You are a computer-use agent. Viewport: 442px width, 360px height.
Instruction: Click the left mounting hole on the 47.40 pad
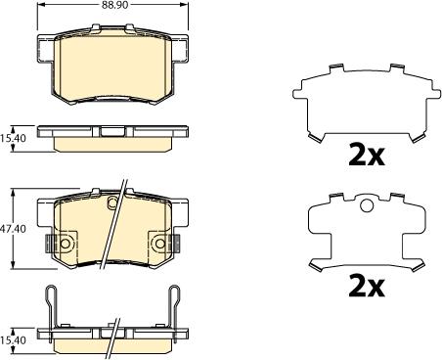coord(66,242)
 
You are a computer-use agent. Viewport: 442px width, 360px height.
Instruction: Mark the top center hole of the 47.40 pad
coord(112,203)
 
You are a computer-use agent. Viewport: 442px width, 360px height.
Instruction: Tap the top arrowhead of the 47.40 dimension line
coord(13,191)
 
